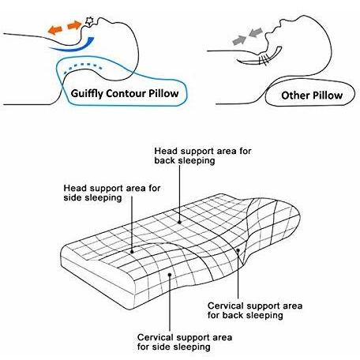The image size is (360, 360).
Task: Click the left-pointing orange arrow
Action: click(54, 29)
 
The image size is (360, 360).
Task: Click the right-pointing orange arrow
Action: click(74, 25)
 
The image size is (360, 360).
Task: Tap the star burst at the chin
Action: click(89, 21)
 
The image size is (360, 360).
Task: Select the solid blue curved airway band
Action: click(73, 45)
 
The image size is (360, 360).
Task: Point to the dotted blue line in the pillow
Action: click(83, 66)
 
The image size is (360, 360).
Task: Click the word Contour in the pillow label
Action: click(126, 93)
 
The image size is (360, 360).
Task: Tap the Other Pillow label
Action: click(312, 96)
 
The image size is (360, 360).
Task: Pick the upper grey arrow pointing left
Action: click(256, 32)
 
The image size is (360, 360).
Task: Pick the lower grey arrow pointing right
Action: click(239, 40)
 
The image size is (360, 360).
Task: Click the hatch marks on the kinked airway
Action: click(264, 60)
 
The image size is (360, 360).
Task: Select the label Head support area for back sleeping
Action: click(203, 156)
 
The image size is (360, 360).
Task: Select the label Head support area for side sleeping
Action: click(112, 193)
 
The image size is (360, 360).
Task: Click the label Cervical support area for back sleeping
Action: click(255, 310)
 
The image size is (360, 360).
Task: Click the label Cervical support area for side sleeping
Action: click(185, 342)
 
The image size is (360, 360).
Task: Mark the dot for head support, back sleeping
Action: click(180, 222)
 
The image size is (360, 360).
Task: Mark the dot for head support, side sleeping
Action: click(132, 252)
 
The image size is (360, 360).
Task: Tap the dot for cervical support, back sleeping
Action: click(238, 250)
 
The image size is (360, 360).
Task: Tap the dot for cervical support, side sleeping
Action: click(170, 275)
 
